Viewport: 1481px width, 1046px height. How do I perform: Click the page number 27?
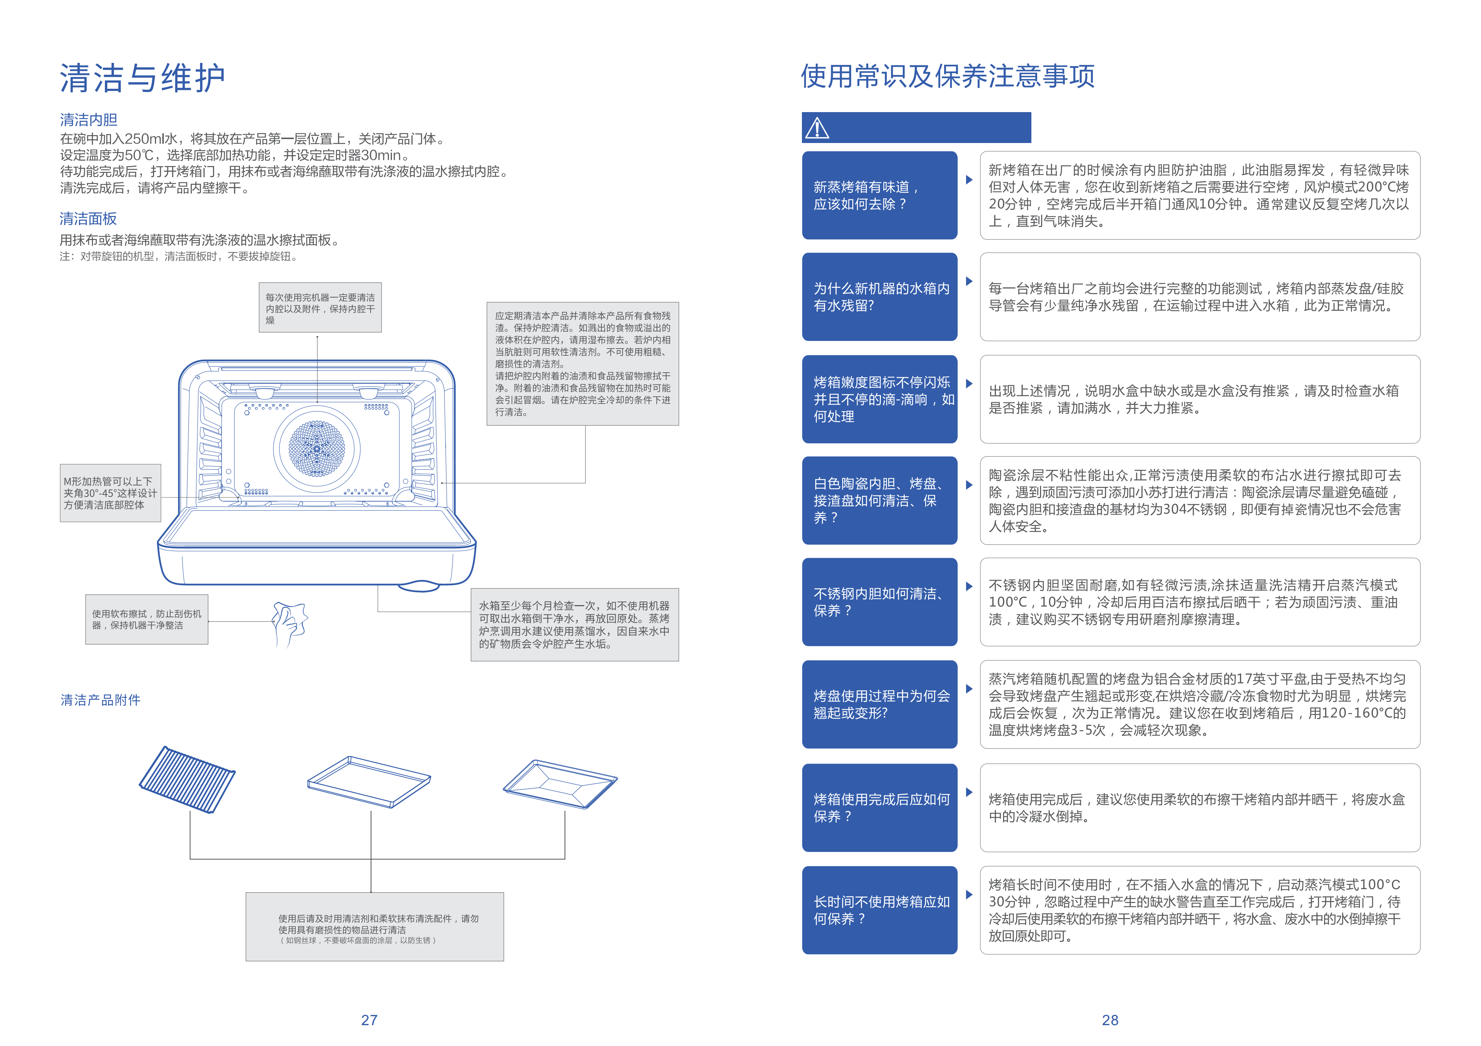coord(369,1019)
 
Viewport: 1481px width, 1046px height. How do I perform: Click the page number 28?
coord(1109,1019)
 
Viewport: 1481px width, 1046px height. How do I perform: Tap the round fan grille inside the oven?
coord(317,448)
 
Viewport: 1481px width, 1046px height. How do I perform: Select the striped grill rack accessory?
coord(187,779)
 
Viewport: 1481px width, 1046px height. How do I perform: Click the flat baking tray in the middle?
coord(369,781)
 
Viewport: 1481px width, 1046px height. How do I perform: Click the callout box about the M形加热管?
coord(110,493)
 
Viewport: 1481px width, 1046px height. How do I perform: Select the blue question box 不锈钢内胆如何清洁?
coord(879,602)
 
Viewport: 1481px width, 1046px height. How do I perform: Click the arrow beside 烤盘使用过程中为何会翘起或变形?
coord(969,688)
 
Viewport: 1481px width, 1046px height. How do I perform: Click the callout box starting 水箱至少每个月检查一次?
coord(574,624)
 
